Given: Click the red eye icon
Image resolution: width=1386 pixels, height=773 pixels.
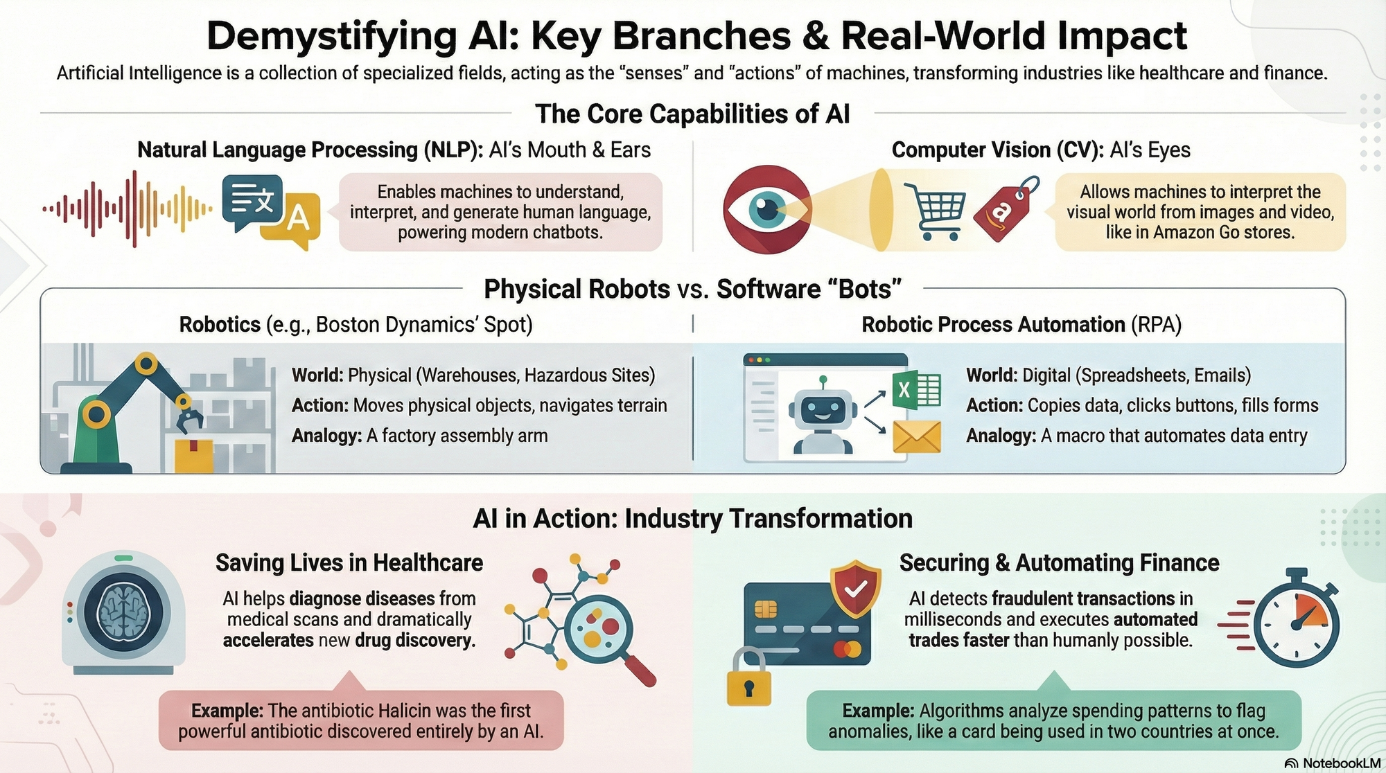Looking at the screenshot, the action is (x=766, y=208).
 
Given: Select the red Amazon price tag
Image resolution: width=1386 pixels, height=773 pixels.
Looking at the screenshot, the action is (x=1006, y=208).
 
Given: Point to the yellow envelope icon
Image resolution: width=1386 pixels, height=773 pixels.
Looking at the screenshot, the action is (x=917, y=436).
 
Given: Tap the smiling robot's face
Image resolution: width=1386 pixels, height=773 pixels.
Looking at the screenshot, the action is (x=822, y=409).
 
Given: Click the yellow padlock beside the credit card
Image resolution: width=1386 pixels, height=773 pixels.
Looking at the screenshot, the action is (x=748, y=676).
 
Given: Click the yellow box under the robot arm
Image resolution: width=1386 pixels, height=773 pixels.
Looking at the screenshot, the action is (x=194, y=454).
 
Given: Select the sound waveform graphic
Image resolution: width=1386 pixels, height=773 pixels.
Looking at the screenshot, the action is (x=128, y=208).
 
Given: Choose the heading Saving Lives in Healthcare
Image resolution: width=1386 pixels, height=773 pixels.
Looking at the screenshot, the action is (x=349, y=562).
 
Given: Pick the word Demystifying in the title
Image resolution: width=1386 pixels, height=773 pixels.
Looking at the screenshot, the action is (x=332, y=36).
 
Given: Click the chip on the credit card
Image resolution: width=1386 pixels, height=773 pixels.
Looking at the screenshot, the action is (x=765, y=610).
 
